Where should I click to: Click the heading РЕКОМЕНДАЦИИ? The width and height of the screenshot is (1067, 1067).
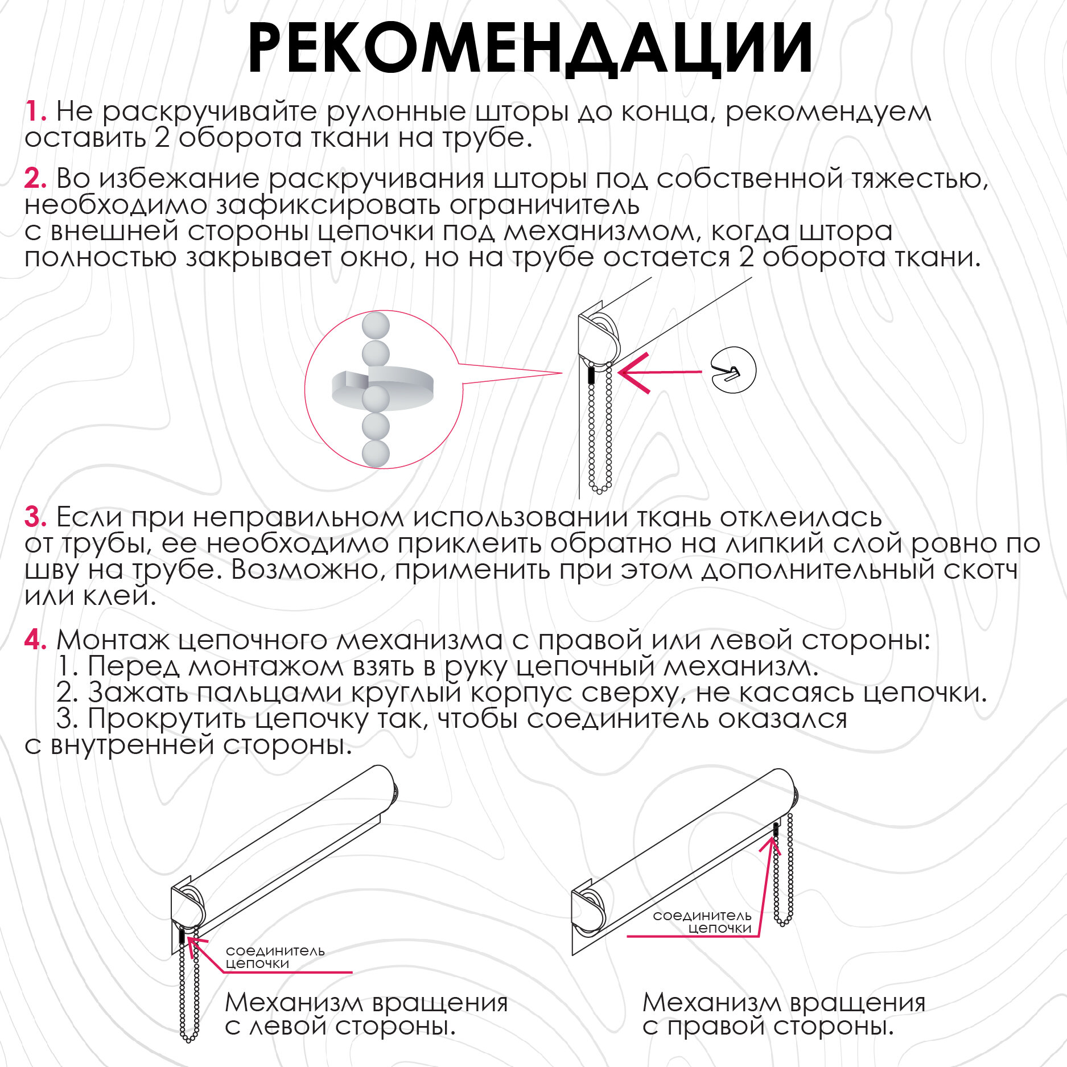(530, 50)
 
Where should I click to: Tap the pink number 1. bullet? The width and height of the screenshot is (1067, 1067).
(35, 111)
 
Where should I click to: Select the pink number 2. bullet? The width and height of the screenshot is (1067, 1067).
(35, 179)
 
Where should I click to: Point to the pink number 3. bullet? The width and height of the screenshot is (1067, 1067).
(35, 517)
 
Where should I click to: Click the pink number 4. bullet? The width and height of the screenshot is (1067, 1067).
(35, 640)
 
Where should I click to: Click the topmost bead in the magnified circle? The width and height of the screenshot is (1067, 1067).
(376, 326)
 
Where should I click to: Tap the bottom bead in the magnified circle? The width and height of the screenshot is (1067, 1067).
(376, 454)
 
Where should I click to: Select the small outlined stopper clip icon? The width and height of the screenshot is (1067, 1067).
(734, 370)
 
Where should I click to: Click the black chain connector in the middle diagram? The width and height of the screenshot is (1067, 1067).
(591, 374)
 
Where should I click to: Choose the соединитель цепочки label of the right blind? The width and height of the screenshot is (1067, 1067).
(702, 921)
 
